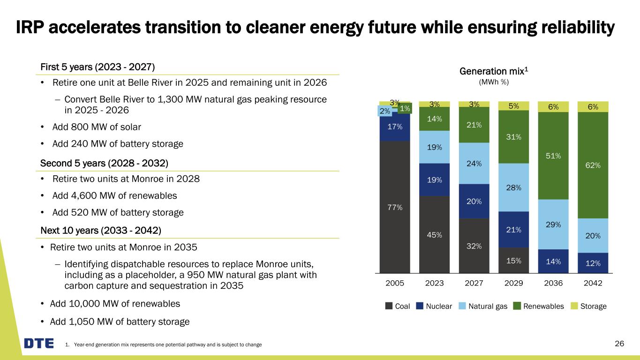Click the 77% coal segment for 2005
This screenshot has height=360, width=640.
pyautogui.click(x=395, y=207)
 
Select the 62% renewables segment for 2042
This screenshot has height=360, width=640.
pyautogui.click(x=593, y=165)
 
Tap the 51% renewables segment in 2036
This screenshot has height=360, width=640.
pyautogui.click(x=553, y=156)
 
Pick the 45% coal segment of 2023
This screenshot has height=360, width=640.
pyautogui.click(x=434, y=234)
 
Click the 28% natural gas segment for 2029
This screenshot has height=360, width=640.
pyautogui.click(x=513, y=187)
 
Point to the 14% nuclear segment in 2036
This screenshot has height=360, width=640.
pyautogui.click(x=553, y=261)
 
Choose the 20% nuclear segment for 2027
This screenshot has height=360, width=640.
pyautogui.click(x=474, y=201)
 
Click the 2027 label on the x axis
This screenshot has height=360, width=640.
pyautogui.click(x=474, y=284)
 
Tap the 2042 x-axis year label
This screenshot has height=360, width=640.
pyautogui.click(x=593, y=284)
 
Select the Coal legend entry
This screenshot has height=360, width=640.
pyautogui.click(x=398, y=306)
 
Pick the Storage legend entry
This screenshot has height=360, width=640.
pyautogui.click(x=589, y=306)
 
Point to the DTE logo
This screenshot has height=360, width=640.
pyautogui.click(x=39, y=344)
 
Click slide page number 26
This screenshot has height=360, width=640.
pyautogui.click(x=619, y=344)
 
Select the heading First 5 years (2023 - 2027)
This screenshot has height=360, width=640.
pyautogui.click(x=97, y=67)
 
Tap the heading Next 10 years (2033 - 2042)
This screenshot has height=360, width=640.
pyautogui.click(x=101, y=231)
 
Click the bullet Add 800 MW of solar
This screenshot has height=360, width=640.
pyautogui.click(x=97, y=127)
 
